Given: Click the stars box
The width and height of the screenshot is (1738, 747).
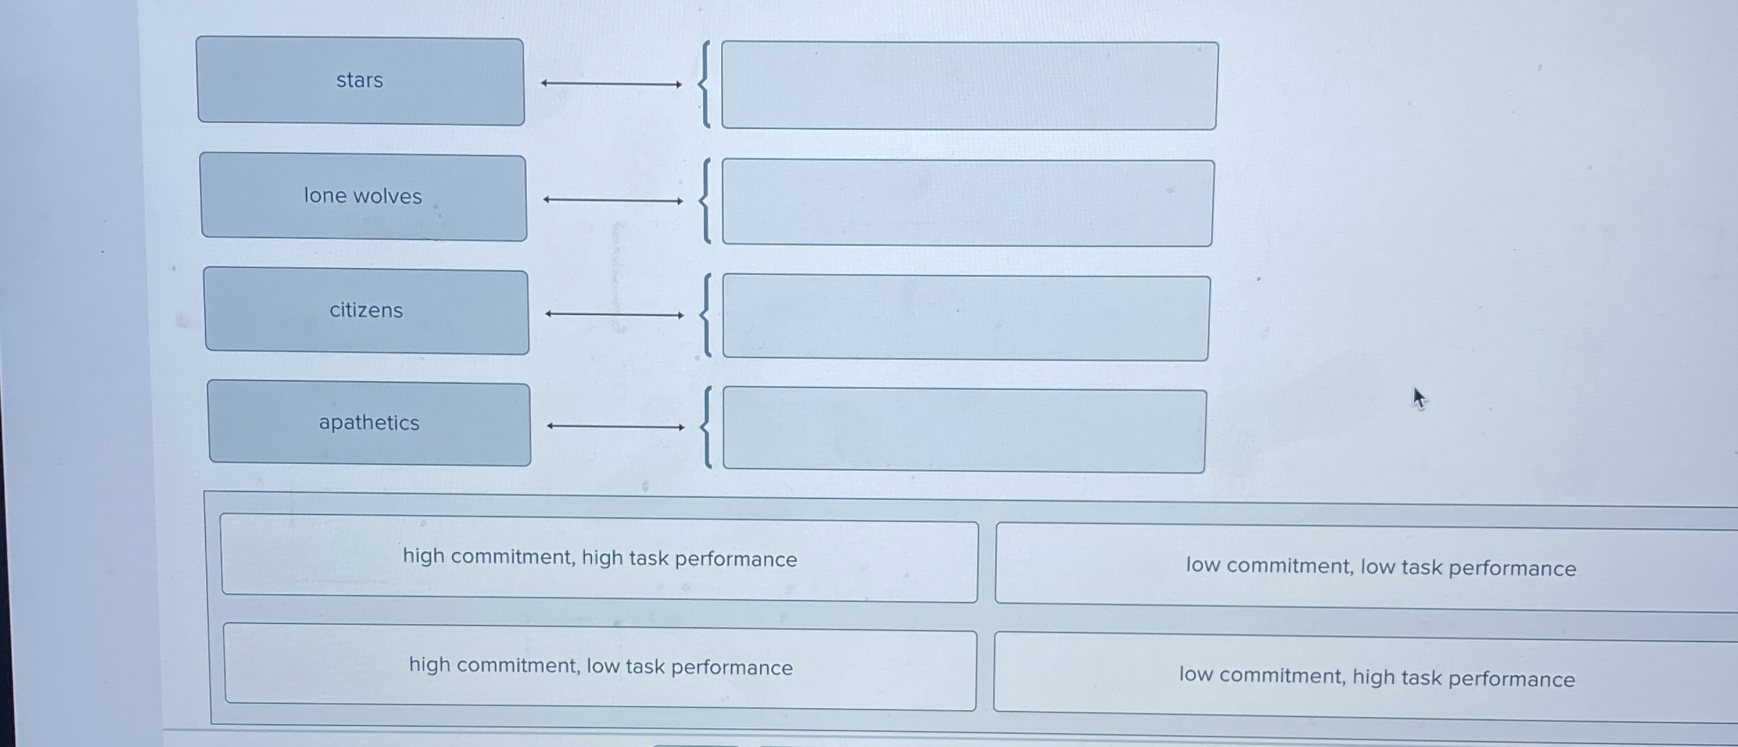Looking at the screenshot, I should pos(360,81).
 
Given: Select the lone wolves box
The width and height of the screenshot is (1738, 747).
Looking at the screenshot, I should pos(363,197).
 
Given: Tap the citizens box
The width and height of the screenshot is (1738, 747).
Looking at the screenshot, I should pos(366,312).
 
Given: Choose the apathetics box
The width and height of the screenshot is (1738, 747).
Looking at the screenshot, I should pos(369,423).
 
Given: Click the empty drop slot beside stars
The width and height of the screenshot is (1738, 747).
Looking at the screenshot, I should pos(969,85).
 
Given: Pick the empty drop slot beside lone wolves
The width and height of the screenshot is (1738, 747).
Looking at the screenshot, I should pos(968,203).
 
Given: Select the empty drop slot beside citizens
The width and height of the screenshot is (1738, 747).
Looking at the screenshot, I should pos(966,318).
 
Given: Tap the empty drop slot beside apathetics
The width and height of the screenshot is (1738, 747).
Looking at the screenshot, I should pos(964,430).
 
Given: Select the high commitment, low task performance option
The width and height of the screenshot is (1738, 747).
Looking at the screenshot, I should pos(600,667).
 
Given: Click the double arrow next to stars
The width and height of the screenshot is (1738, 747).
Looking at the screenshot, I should pos(611,84).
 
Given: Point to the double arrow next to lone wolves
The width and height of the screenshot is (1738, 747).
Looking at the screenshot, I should pos(613,201).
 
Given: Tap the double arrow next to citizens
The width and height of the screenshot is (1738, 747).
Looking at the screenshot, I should pos(614,314).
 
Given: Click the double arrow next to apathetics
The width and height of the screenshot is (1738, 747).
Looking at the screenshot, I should pos(616,426).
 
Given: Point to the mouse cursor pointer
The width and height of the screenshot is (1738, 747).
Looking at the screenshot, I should pos(1418,398).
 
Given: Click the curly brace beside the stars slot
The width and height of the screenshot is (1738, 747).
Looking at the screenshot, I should pos(705,85).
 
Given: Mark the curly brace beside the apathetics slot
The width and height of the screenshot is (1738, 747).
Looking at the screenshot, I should pos(707,428).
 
